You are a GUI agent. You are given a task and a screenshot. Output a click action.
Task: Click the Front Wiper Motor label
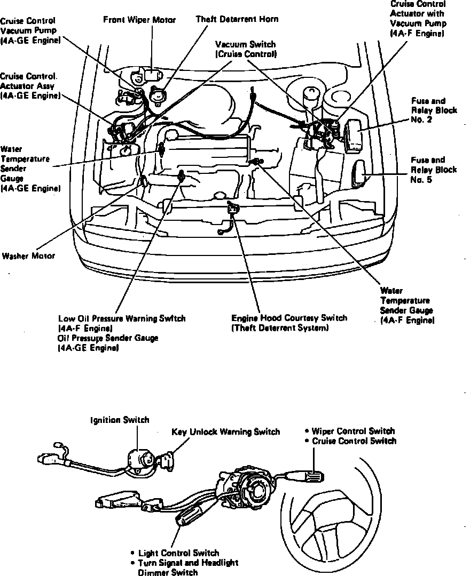[139, 20]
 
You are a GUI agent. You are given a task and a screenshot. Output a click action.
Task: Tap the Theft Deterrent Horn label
[237, 19]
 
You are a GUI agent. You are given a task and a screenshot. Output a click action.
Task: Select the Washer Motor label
[28, 256]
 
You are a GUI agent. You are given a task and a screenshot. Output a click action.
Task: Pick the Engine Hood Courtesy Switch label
[289, 318]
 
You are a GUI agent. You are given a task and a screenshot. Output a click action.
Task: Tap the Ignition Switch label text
[119, 420]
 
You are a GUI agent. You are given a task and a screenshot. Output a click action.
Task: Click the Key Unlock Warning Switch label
[225, 432]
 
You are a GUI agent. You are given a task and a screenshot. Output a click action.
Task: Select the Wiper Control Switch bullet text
[353, 431]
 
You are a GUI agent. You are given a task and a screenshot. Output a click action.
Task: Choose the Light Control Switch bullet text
[178, 553]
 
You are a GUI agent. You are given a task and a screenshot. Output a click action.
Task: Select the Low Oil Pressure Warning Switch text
[122, 318]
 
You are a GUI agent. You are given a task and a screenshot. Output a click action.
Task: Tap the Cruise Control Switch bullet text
[354, 441]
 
